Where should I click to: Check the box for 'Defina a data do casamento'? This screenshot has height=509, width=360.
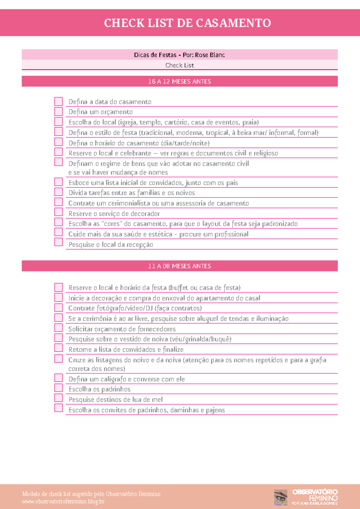(x=58, y=101)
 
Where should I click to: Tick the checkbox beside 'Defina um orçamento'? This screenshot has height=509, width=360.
(x=58, y=111)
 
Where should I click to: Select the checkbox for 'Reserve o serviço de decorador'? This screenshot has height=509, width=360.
(x=58, y=212)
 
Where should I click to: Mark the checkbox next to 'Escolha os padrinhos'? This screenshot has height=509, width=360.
(x=58, y=388)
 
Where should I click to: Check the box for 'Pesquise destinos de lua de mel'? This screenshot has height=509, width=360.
(x=58, y=398)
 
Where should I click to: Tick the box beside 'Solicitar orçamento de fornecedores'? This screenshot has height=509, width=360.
(x=58, y=327)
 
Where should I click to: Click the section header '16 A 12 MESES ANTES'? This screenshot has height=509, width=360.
(x=179, y=81)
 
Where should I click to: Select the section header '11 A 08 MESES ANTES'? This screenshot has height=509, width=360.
(x=179, y=266)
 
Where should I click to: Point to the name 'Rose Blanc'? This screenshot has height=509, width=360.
(x=210, y=55)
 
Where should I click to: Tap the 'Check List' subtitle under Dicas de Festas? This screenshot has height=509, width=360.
(x=179, y=65)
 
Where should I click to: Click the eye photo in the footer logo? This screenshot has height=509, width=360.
(x=280, y=497)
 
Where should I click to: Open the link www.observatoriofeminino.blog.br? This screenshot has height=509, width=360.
(x=63, y=501)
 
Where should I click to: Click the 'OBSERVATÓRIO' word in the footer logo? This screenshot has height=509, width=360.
(x=315, y=492)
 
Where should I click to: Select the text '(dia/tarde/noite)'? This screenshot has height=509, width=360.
(x=185, y=143)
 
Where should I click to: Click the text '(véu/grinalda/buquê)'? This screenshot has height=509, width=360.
(x=200, y=339)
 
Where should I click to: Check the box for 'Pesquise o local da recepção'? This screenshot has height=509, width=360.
(x=58, y=242)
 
